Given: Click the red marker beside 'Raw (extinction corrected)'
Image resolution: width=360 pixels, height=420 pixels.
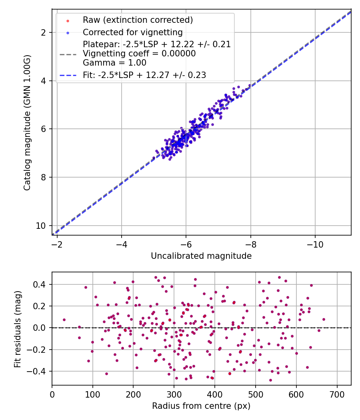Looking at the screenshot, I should click(68, 20).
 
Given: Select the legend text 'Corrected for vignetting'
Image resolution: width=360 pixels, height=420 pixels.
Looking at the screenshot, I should click(132, 32).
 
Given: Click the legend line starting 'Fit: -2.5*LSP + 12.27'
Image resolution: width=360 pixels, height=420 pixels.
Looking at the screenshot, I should click(144, 75).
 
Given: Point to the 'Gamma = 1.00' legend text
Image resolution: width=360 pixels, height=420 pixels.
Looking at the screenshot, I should click(114, 63).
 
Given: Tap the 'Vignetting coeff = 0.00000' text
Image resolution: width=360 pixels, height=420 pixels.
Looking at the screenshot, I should click(139, 54).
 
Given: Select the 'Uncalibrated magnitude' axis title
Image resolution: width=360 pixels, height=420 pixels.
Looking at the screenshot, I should click(201, 256).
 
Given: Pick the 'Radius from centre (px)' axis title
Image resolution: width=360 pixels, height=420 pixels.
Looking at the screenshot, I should click(201, 406).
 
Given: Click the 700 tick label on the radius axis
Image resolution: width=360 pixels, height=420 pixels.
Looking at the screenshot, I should click(337, 394).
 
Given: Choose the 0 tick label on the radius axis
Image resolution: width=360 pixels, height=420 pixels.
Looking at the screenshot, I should click(52, 394).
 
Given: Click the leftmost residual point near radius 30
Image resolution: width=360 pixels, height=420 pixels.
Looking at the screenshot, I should click(64, 320).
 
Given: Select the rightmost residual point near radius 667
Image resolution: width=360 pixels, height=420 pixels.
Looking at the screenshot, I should click(324, 319).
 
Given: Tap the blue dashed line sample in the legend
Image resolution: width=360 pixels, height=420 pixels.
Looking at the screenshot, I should click(68, 75).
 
